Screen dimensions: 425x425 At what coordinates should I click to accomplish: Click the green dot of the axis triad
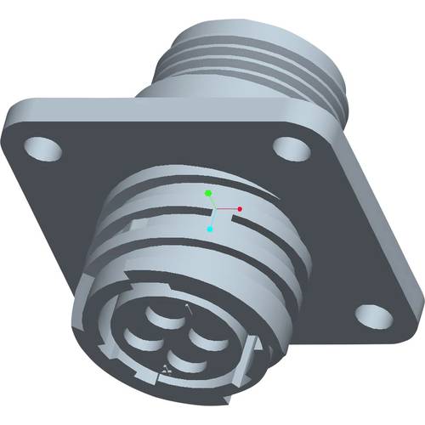208,194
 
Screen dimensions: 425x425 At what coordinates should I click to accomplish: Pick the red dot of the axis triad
241,208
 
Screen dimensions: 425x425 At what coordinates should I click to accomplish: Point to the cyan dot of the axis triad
210,229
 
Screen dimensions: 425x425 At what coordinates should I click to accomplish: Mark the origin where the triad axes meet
216,211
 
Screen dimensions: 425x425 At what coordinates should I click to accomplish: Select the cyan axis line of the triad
212,220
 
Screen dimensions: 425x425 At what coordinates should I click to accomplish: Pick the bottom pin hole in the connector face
181,365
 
